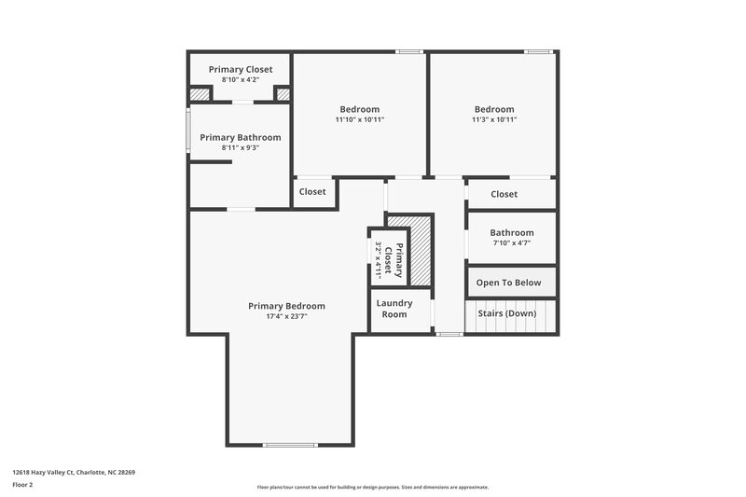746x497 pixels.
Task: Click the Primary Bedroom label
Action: point(286,306)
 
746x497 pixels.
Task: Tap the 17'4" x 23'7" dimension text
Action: point(286,316)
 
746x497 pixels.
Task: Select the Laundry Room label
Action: point(394,308)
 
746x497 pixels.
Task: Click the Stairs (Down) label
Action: point(507,313)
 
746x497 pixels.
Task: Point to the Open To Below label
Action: point(510,283)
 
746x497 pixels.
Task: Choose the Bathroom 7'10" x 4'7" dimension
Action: point(511,242)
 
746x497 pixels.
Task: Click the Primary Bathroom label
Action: point(240,137)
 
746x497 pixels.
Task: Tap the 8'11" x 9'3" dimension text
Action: point(240,147)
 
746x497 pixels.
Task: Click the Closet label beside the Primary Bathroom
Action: point(312,192)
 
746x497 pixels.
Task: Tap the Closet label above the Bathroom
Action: point(504,194)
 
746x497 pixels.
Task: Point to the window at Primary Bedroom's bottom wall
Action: point(290,445)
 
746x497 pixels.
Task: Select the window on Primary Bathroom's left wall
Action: point(188,131)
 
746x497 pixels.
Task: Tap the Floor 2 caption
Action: point(22,485)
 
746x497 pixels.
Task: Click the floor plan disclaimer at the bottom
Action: point(372,487)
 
